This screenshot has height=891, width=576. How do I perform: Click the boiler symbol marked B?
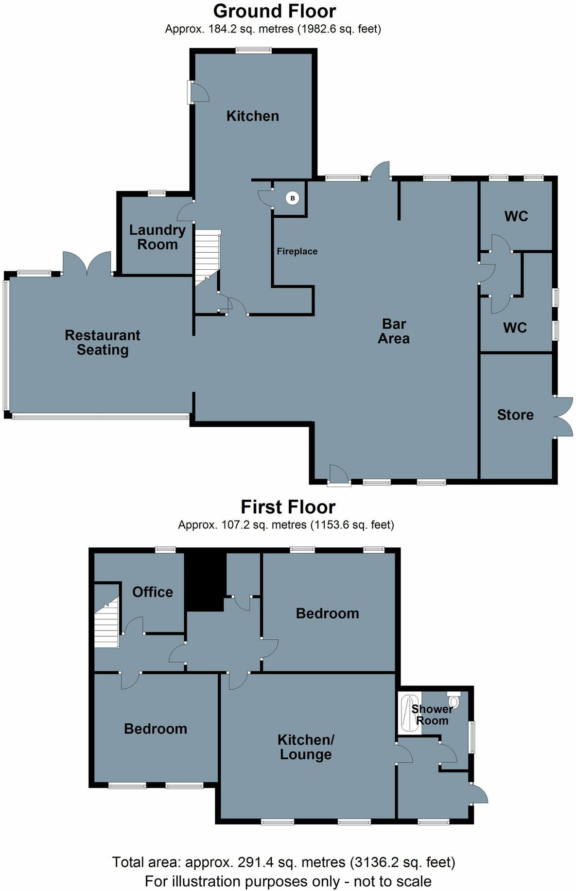click(x=292, y=198)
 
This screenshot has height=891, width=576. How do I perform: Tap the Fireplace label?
click(x=297, y=251)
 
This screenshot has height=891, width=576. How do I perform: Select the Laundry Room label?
click(x=157, y=237)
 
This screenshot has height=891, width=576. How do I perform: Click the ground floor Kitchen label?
click(x=253, y=116)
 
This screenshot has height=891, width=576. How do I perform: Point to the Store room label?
click(x=515, y=415)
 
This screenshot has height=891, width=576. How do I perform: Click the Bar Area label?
click(x=394, y=332)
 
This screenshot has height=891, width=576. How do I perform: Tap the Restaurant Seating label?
click(x=103, y=343)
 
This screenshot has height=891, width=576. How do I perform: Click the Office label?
click(x=153, y=592)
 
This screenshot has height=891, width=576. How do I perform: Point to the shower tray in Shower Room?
click(x=407, y=713)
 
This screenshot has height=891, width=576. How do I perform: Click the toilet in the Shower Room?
click(x=454, y=700)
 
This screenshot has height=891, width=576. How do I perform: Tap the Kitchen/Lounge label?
click(x=306, y=747)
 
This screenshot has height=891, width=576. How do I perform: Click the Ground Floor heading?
click(x=274, y=11)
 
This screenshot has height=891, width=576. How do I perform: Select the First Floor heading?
click(x=288, y=507)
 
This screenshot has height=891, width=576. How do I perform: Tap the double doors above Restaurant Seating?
click(x=87, y=263)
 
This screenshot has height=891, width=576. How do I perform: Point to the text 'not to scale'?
click(x=392, y=881)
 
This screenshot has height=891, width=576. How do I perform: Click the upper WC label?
click(x=516, y=216)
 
